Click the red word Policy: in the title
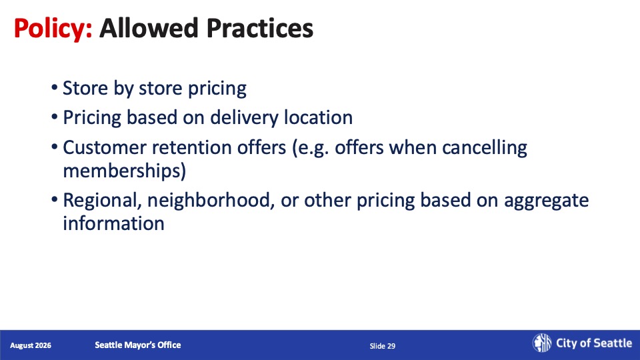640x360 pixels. click(x=53, y=29)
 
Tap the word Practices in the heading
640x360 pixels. click(x=260, y=28)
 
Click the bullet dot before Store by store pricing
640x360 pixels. click(x=54, y=87)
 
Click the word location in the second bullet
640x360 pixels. click(x=319, y=117)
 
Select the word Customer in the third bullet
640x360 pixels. click(x=104, y=147)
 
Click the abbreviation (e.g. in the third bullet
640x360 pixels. click(x=310, y=148)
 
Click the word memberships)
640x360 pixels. click(x=125, y=171)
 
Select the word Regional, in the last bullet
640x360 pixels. click(x=103, y=201)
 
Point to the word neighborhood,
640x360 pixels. click(x=211, y=201)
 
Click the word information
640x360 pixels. click(x=113, y=223)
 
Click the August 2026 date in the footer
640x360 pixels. click(x=31, y=345)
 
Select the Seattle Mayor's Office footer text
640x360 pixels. click(x=138, y=345)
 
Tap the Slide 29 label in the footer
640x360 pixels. click(x=383, y=346)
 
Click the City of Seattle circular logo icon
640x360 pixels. click(x=541, y=343)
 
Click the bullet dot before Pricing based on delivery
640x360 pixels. click(x=54, y=117)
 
